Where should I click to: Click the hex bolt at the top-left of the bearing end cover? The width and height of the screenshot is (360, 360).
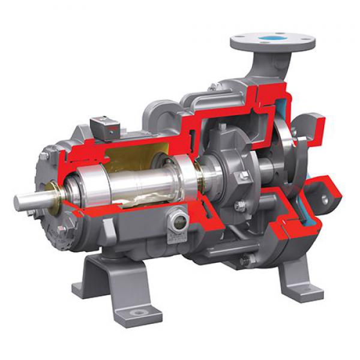click(x=45, y=157)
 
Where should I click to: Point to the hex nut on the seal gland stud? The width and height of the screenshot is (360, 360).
click(x=243, y=176)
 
